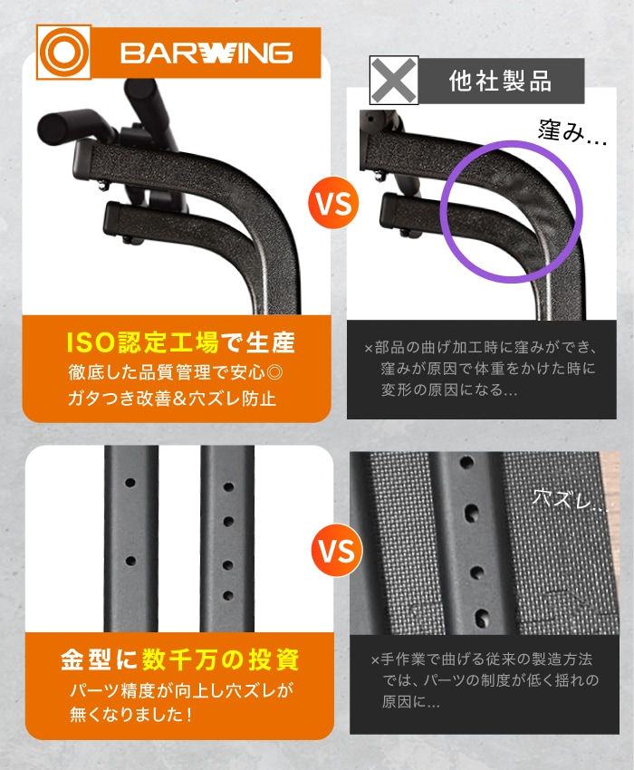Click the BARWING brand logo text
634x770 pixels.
coord(207,53)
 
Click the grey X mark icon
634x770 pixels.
coord(392,81)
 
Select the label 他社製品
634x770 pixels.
coord(501,81)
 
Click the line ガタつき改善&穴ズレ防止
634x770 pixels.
coord(172,398)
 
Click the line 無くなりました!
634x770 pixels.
coord(130,714)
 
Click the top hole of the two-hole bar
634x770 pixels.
coord(129,481)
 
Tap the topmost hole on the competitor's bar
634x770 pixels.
coord(466,463)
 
